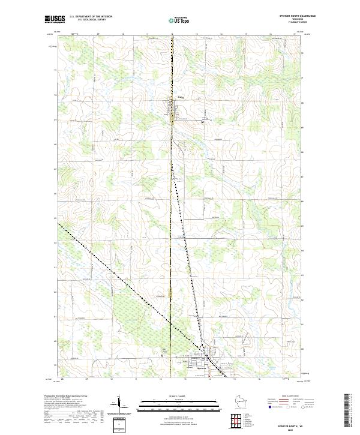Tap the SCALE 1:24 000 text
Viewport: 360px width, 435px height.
pos(173,396)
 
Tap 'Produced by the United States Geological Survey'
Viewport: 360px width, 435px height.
pos(66,396)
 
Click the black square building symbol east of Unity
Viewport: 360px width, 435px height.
pos(202,122)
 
